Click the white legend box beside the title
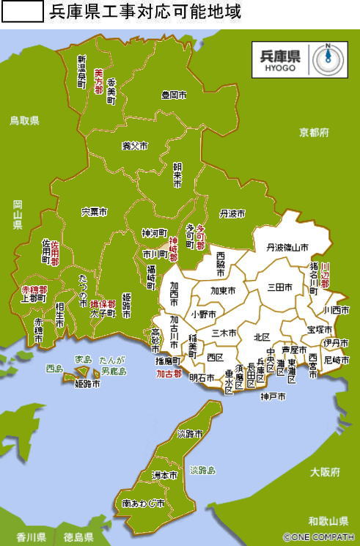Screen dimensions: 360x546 coord(23,12)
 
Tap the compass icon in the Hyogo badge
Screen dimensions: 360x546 coord(330,59)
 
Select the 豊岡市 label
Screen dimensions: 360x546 coord(174,95)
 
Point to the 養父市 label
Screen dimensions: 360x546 coord(134,146)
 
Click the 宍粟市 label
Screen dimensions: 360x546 coord(94,212)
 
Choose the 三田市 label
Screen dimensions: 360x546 coord(281,287)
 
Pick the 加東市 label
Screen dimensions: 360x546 coord(223,291)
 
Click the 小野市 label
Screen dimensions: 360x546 coord(203,314)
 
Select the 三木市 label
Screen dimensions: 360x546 coord(223,333)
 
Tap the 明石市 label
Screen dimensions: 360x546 coord(202,378)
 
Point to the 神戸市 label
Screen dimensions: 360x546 coord(272,396)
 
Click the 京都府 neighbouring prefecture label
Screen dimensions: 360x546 coord(314,133)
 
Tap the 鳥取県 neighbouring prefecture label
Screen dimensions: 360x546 coord(24,121)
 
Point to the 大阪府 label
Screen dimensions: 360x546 coord(324,472)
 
